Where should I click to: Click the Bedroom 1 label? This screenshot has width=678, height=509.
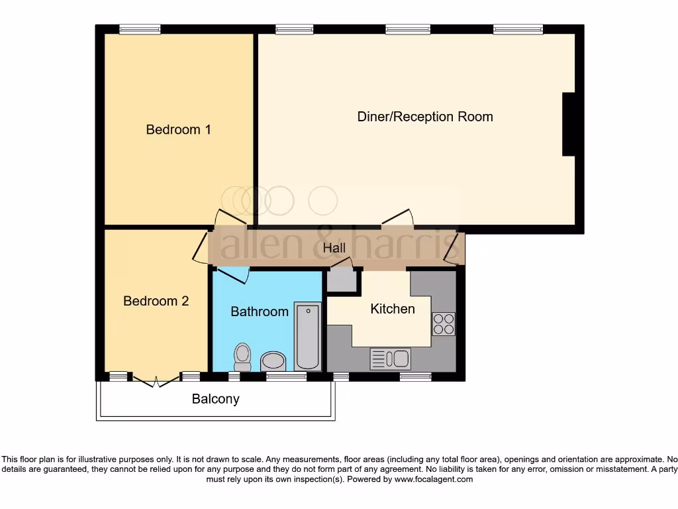pyautogui.click(x=178, y=130)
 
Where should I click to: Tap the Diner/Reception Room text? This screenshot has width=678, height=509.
pyautogui.click(x=425, y=117)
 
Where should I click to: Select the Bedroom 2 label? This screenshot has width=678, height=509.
pyautogui.click(x=156, y=301)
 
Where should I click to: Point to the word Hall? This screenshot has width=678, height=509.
pyautogui.click(x=334, y=249)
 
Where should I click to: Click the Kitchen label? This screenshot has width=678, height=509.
pyautogui.click(x=392, y=309)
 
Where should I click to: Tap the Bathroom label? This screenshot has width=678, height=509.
pyautogui.click(x=260, y=311)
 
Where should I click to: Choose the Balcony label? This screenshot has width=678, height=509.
pyautogui.click(x=215, y=399)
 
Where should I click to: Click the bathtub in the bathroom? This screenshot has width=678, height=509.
pyautogui.click(x=308, y=336)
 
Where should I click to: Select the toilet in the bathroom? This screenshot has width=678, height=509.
pyautogui.click(x=242, y=357)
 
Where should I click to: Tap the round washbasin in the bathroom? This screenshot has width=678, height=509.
pyautogui.click(x=273, y=362)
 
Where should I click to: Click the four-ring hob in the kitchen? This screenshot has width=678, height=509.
pyautogui.click(x=444, y=323)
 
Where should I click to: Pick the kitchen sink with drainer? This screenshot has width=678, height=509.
pyautogui.click(x=390, y=359)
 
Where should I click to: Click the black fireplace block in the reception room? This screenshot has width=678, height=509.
pyautogui.click(x=568, y=125)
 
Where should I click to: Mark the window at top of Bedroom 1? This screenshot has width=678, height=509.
pyautogui.click(x=140, y=29)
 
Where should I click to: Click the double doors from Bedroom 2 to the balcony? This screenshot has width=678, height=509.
pyautogui.click(x=156, y=380)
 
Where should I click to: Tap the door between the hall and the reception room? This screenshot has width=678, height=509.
pyautogui.click(x=397, y=217)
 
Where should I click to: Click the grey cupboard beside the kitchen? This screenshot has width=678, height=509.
pyautogui.click(x=342, y=281)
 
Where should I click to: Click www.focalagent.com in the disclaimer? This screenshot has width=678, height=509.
pyautogui.click(x=434, y=479)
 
